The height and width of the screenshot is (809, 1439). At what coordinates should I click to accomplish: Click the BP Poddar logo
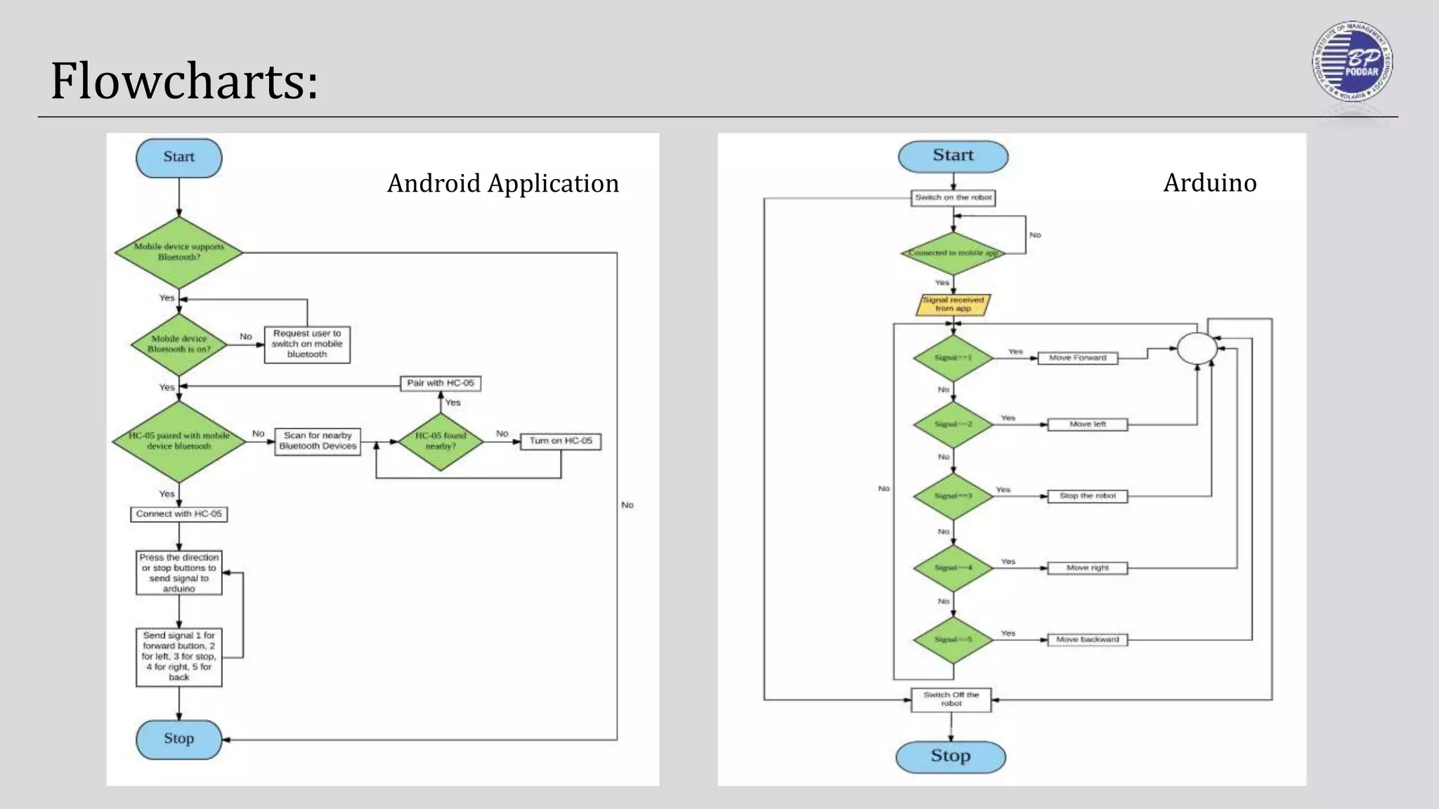(1353, 62)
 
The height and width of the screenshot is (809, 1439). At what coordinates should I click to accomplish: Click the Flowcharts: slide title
(184, 81)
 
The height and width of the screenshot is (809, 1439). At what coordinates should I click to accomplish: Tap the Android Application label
(503, 183)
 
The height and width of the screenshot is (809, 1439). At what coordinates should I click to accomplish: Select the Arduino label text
(1209, 183)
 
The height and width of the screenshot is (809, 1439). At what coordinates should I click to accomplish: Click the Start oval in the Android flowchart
(178, 157)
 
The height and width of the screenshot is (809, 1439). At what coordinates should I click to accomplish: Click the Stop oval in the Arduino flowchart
(950, 756)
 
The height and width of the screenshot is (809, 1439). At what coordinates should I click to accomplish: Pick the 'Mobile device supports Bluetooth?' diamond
(178, 252)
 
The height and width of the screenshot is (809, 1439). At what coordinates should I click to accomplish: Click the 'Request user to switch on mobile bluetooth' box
(307, 344)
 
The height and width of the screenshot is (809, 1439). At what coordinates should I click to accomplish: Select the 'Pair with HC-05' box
(441, 383)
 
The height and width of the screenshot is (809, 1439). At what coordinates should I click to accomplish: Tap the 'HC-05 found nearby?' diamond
(441, 441)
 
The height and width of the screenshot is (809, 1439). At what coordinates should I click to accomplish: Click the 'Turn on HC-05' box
(560, 441)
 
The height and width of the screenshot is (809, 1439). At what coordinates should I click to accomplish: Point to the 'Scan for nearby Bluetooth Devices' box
(318, 441)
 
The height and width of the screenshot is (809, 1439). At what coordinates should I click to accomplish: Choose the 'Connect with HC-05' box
(178, 514)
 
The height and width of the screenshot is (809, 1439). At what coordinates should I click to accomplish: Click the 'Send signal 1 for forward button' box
(178, 657)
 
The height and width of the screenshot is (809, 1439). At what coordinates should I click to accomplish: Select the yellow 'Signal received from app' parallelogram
(953, 304)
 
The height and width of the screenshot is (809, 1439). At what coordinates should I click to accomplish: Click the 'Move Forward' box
(1077, 358)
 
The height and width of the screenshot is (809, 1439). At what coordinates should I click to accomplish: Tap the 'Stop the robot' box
(1087, 496)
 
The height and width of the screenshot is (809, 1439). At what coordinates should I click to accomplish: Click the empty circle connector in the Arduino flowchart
(1197, 348)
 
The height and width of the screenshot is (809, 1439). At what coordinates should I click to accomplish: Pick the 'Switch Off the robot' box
(951, 699)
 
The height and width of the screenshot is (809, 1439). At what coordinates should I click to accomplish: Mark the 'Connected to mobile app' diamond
(953, 253)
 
